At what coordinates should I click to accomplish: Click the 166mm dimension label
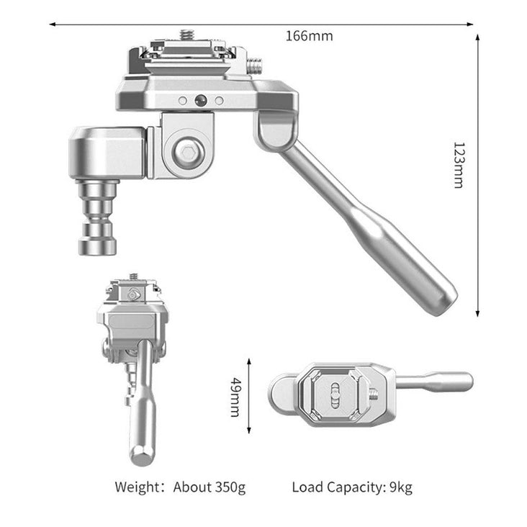(x=309, y=36)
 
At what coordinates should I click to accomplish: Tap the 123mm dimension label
(x=459, y=165)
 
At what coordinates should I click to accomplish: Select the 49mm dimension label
(x=235, y=397)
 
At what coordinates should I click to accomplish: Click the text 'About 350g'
(x=209, y=487)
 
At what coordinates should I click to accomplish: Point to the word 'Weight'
(x=137, y=487)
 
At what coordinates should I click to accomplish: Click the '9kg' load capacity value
(x=401, y=487)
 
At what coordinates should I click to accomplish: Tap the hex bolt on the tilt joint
(x=189, y=153)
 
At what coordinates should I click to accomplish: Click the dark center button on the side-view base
(x=201, y=100)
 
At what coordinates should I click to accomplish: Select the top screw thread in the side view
(x=186, y=35)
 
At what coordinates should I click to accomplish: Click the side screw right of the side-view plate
(x=254, y=66)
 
